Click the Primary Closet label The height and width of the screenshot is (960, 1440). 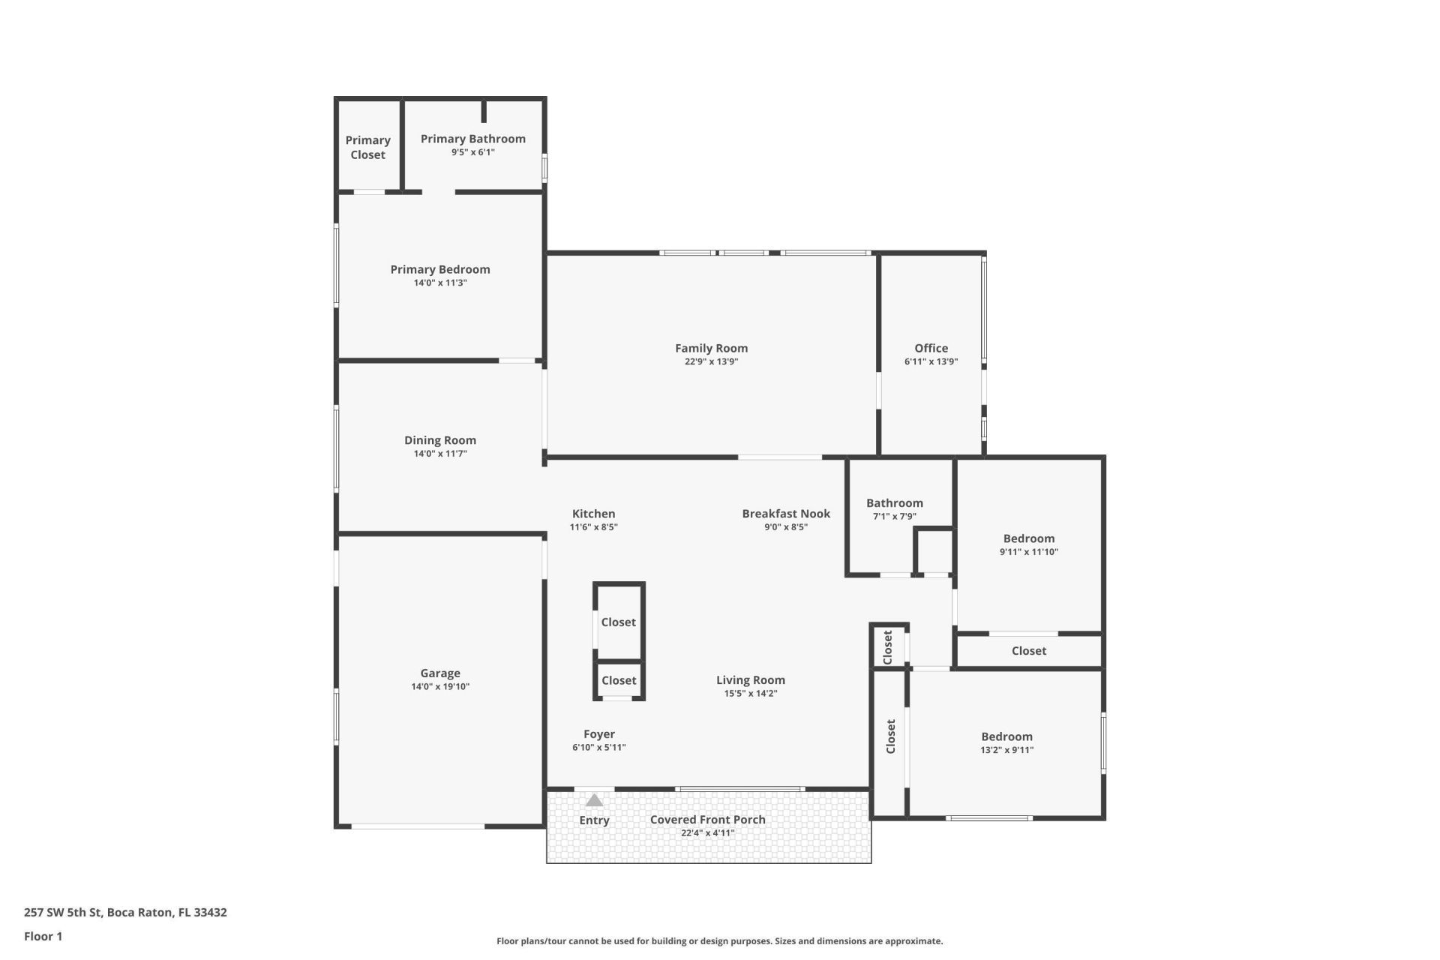click(367, 147)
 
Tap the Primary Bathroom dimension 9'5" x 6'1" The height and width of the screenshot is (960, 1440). click(472, 152)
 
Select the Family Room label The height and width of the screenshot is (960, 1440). click(711, 348)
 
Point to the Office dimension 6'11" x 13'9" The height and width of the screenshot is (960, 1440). click(931, 361)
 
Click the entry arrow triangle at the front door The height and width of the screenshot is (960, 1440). click(594, 800)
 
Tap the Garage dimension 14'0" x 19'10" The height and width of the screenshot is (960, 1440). click(439, 686)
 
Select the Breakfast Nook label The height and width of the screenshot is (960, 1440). click(786, 514)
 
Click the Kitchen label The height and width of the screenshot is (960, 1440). click(593, 514)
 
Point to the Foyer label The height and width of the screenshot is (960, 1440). click(598, 734)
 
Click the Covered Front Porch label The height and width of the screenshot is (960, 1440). click(707, 820)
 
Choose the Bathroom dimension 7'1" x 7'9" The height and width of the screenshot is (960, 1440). click(894, 516)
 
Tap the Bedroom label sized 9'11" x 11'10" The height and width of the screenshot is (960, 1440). click(1028, 538)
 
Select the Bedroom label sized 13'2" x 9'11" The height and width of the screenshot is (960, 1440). click(1006, 736)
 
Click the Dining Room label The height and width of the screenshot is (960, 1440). click(439, 440)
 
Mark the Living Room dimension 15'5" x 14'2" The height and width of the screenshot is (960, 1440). click(750, 694)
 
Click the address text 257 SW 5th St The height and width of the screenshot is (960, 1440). click(125, 913)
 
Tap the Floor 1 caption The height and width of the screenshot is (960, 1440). click(43, 936)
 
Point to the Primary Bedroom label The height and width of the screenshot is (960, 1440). click(439, 269)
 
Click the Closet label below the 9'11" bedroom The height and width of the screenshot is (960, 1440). click(1028, 651)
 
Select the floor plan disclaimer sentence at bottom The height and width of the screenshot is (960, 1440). click(719, 941)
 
